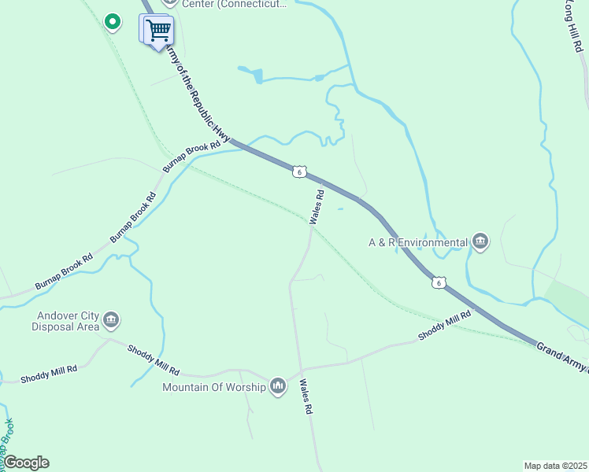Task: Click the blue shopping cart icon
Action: click(x=158, y=31)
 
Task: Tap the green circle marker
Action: click(x=113, y=21)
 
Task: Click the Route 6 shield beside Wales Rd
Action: click(x=298, y=171)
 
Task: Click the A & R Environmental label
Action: click(x=417, y=243)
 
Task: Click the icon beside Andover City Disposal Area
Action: click(x=110, y=319)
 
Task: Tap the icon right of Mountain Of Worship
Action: click(x=277, y=386)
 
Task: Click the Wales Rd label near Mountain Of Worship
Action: click(x=306, y=397)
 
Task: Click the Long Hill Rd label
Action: click(x=574, y=27)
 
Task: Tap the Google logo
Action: click(x=26, y=463)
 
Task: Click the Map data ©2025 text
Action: click(x=554, y=466)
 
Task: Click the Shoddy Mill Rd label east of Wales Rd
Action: click(x=444, y=324)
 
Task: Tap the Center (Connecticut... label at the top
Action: click(x=234, y=4)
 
